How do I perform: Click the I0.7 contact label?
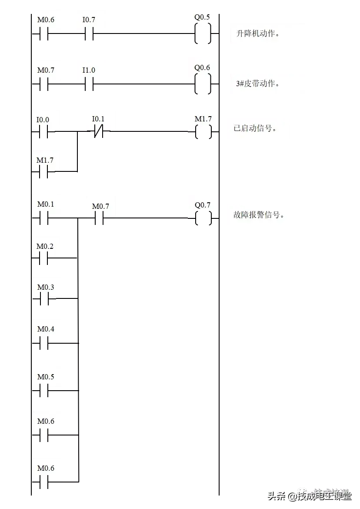[x=89, y=20]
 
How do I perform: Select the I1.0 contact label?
[x=89, y=70]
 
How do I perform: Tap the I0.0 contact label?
[x=43, y=120]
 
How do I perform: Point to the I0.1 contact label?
[x=98, y=119]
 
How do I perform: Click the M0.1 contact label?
[x=46, y=204]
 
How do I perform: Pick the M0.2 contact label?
[x=45, y=246]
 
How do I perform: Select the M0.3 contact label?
[x=46, y=287]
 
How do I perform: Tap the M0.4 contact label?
[x=46, y=329]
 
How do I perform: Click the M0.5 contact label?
[x=46, y=377]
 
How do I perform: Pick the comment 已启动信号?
[x=255, y=128]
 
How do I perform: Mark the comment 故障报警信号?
[x=259, y=214]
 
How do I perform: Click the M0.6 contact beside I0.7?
[x=46, y=20]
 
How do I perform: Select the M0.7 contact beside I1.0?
[x=46, y=70]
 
